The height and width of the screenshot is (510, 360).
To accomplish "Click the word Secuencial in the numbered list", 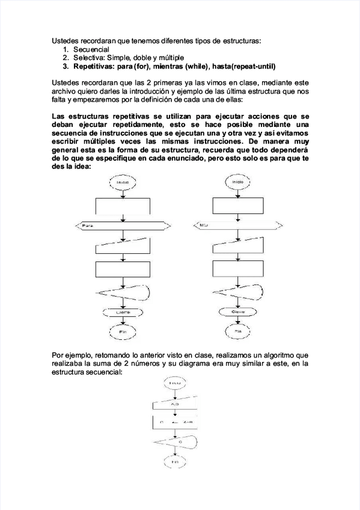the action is tap(91, 49).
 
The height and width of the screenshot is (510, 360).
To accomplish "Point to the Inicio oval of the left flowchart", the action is tap(123, 180).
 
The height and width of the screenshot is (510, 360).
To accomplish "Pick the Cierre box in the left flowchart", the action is tap(123, 312).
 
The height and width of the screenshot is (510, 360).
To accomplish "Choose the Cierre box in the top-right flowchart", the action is tap(239, 312).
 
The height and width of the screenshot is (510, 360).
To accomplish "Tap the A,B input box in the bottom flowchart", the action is tap(175, 405).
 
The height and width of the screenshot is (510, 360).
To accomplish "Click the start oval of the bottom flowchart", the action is tap(175, 382).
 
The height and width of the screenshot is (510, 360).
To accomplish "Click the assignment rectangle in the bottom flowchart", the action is tap(175, 423).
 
